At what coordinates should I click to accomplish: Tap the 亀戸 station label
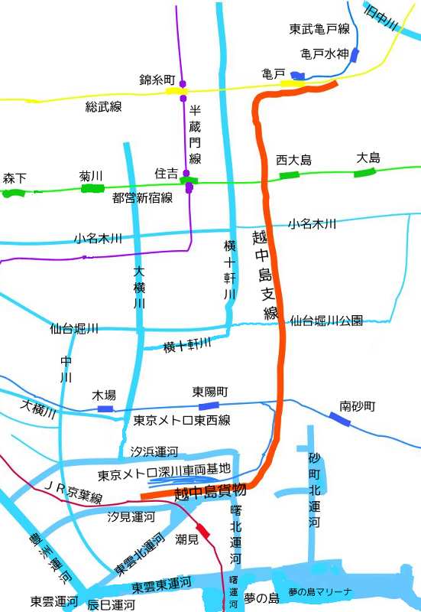[273, 73]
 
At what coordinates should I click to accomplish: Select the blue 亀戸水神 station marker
[354, 55]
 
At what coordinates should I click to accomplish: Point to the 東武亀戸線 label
[319, 30]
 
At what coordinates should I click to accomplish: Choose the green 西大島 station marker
[290, 174]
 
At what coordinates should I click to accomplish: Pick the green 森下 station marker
[14, 193]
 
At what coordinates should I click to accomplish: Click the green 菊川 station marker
[92, 187]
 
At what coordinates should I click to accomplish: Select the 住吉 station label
[166, 174]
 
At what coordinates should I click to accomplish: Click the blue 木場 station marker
[105, 409]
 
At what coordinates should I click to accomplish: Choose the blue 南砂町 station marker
[341, 418]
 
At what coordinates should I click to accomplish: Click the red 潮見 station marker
[203, 530]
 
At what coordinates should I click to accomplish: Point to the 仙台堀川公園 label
[326, 321]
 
